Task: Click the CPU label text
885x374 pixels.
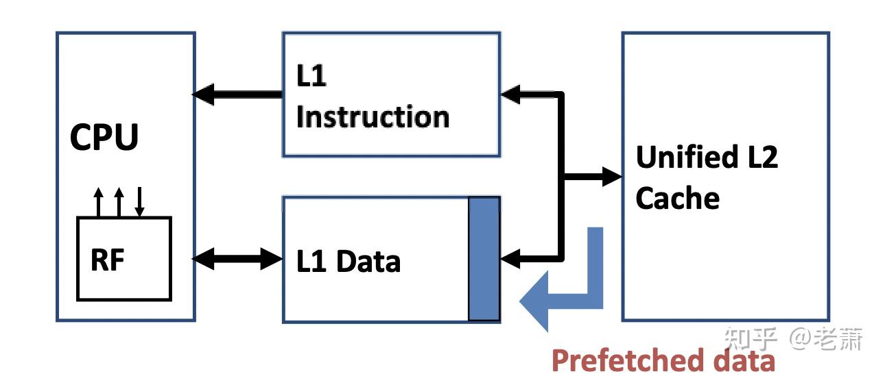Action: point(104,137)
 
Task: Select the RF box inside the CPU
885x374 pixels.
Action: point(123,258)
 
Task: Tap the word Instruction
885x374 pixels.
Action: point(373,117)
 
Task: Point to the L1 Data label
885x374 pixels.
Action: point(348,261)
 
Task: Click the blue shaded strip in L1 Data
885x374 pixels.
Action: point(484,258)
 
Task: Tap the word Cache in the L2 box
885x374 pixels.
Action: point(677,199)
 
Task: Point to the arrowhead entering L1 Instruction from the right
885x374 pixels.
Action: point(511,94)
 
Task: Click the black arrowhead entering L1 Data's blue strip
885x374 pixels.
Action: point(511,258)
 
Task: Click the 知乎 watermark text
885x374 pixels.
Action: point(751,338)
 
